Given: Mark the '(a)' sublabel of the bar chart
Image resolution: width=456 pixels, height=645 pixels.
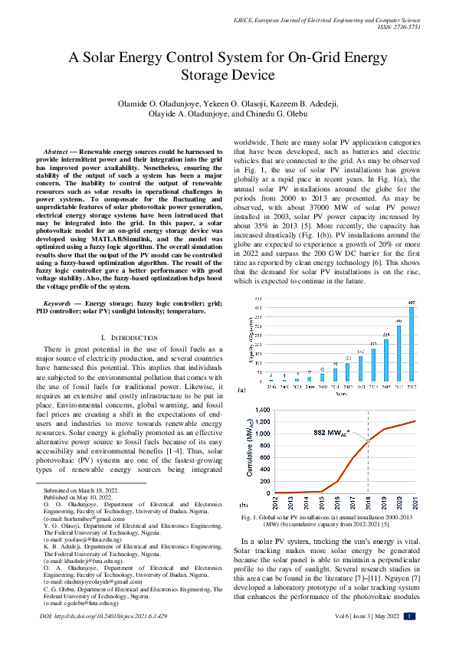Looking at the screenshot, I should point(242,390).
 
